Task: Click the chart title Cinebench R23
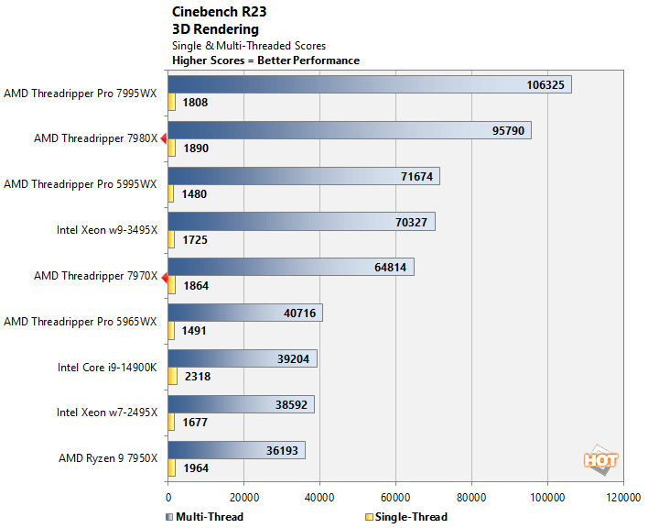217,12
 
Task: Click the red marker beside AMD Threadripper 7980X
163,138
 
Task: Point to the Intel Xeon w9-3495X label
107,229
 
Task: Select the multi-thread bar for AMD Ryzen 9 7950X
236,450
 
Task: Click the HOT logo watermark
600,460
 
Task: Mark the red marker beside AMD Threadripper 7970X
163,276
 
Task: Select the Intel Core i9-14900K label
107,367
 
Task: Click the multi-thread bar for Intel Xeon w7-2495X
241,404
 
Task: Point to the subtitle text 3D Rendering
215,28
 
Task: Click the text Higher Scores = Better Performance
265,60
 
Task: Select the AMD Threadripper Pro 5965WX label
81,321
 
